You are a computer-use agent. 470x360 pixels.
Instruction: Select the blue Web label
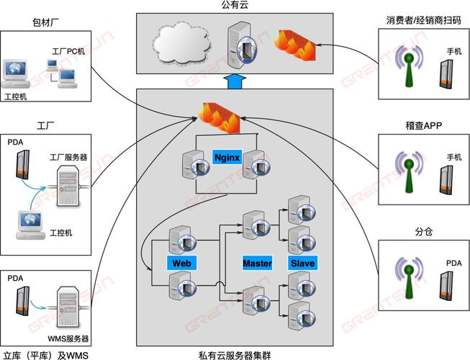(181, 263)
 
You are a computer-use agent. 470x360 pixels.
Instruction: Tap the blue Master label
(257, 263)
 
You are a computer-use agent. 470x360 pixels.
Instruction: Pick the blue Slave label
(302, 263)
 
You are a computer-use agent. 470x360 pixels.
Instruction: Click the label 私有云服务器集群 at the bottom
(235, 354)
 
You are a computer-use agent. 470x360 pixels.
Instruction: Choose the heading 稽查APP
(423, 125)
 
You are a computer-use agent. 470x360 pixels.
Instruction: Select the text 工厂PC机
(68, 52)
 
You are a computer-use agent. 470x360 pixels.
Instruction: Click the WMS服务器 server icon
(67, 307)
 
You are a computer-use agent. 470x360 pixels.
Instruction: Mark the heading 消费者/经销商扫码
(422, 19)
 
